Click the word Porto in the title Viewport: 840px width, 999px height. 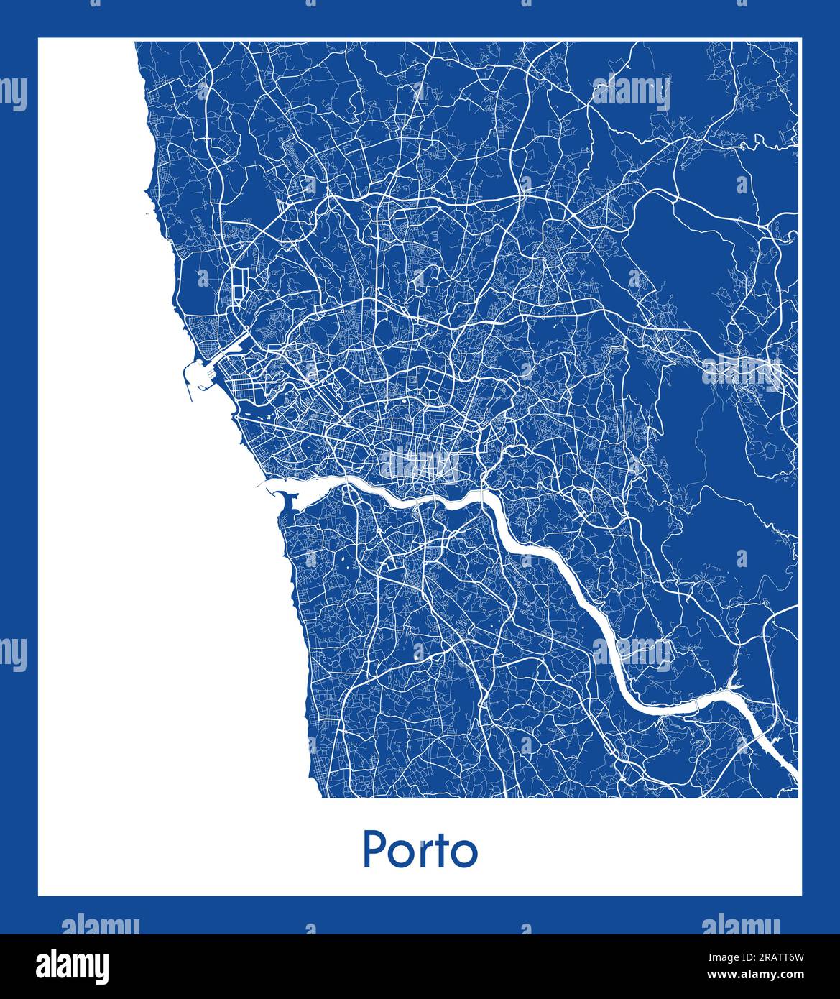[x=420, y=850]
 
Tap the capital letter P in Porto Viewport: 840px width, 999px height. [x=373, y=850]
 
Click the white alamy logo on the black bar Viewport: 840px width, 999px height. [x=74, y=965]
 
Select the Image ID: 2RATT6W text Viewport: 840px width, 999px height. [x=770, y=957]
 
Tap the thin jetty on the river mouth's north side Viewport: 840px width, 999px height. [x=262, y=485]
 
